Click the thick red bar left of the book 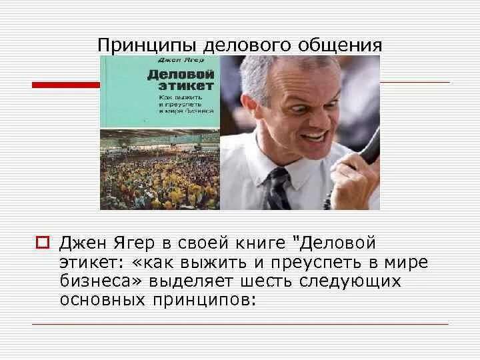tap(65, 85)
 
